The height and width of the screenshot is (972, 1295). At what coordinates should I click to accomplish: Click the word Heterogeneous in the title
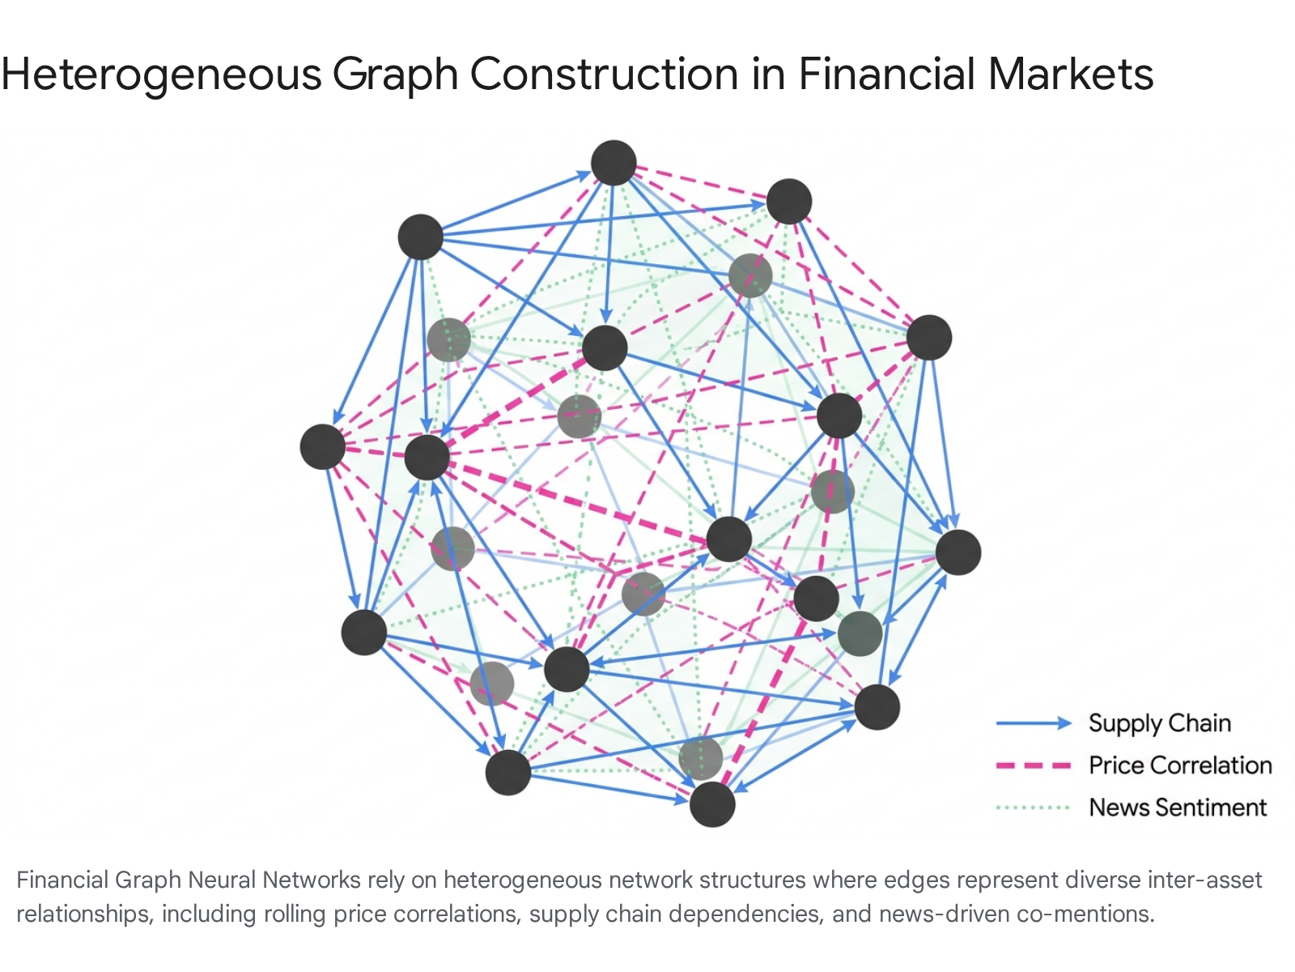(161, 75)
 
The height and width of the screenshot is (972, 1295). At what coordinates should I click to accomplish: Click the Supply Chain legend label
(1160, 723)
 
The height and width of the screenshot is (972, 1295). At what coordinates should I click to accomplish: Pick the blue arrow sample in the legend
(1034, 723)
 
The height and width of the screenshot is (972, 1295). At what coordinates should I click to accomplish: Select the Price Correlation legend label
(1180, 765)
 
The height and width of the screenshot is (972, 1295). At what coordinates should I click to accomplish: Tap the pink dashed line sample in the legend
(1034, 766)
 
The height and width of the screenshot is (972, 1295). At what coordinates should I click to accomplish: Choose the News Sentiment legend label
(1178, 808)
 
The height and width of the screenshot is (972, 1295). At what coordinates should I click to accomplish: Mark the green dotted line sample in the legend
(1033, 808)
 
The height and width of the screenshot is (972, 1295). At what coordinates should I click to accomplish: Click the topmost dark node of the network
(614, 163)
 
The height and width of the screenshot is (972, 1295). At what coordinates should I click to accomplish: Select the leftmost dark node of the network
(323, 447)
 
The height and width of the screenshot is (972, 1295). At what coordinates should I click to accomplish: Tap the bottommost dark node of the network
(712, 804)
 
